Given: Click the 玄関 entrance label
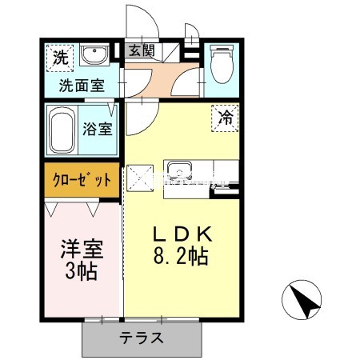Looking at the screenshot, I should [x=143, y=50].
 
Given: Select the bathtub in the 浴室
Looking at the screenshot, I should [x=61, y=129].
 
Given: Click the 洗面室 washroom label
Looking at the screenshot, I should [x=80, y=85].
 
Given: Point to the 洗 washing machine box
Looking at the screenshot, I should [x=58, y=57].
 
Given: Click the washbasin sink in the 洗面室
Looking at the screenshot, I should [x=95, y=56].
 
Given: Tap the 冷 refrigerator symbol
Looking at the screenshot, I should [x=226, y=117].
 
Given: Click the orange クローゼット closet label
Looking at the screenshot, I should [x=81, y=179].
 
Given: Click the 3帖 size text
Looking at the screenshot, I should [x=80, y=272].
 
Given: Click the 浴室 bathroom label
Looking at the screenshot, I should [x=98, y=128].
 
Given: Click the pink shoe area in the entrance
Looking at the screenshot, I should [x=164, y=80].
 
